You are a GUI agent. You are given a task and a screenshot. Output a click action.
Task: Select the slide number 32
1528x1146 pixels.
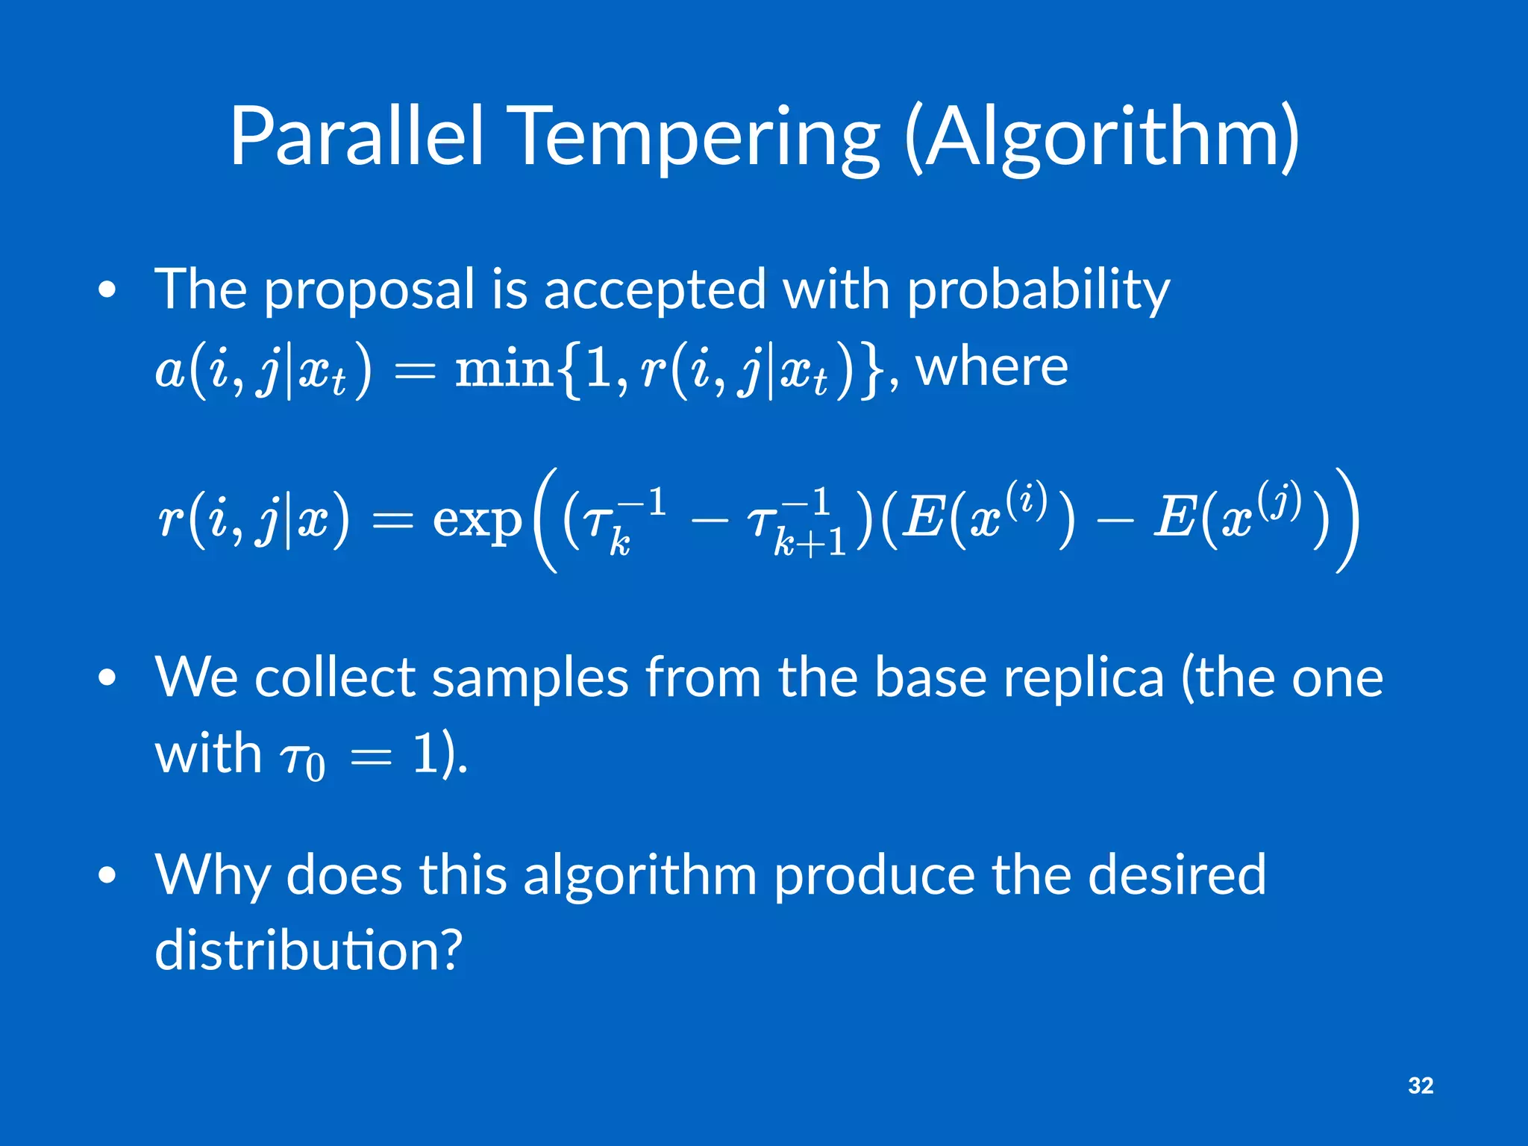1421,1086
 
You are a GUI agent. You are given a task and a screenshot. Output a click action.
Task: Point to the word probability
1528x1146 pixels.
1038,291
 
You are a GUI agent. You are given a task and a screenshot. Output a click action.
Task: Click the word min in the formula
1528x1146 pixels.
504,369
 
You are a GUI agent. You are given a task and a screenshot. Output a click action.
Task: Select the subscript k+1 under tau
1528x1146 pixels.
810,542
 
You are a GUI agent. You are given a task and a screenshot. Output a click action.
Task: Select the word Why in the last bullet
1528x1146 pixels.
212,875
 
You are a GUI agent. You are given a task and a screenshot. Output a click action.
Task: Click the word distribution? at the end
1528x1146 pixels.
308,950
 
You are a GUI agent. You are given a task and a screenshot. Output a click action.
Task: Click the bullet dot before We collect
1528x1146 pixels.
107,678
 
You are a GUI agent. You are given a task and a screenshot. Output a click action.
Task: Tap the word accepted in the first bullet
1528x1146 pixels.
654,291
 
